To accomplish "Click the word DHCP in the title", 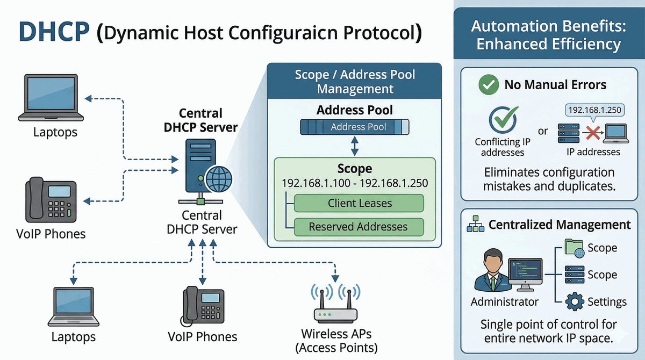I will coord(53,32).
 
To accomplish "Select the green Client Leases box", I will coord(360,204).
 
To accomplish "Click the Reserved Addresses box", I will coord(359,227).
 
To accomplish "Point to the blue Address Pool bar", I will coord(354,127).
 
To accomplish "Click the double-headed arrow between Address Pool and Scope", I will coord(354,145).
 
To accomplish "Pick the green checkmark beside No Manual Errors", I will coord(488,85).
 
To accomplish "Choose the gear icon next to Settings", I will coord(575,301).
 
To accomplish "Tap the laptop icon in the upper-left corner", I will coord(51,98).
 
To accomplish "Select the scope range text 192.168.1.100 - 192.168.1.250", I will coord(355,183).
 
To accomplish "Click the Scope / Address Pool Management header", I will coord(355,81).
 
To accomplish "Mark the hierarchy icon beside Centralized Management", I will coord(475,225).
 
